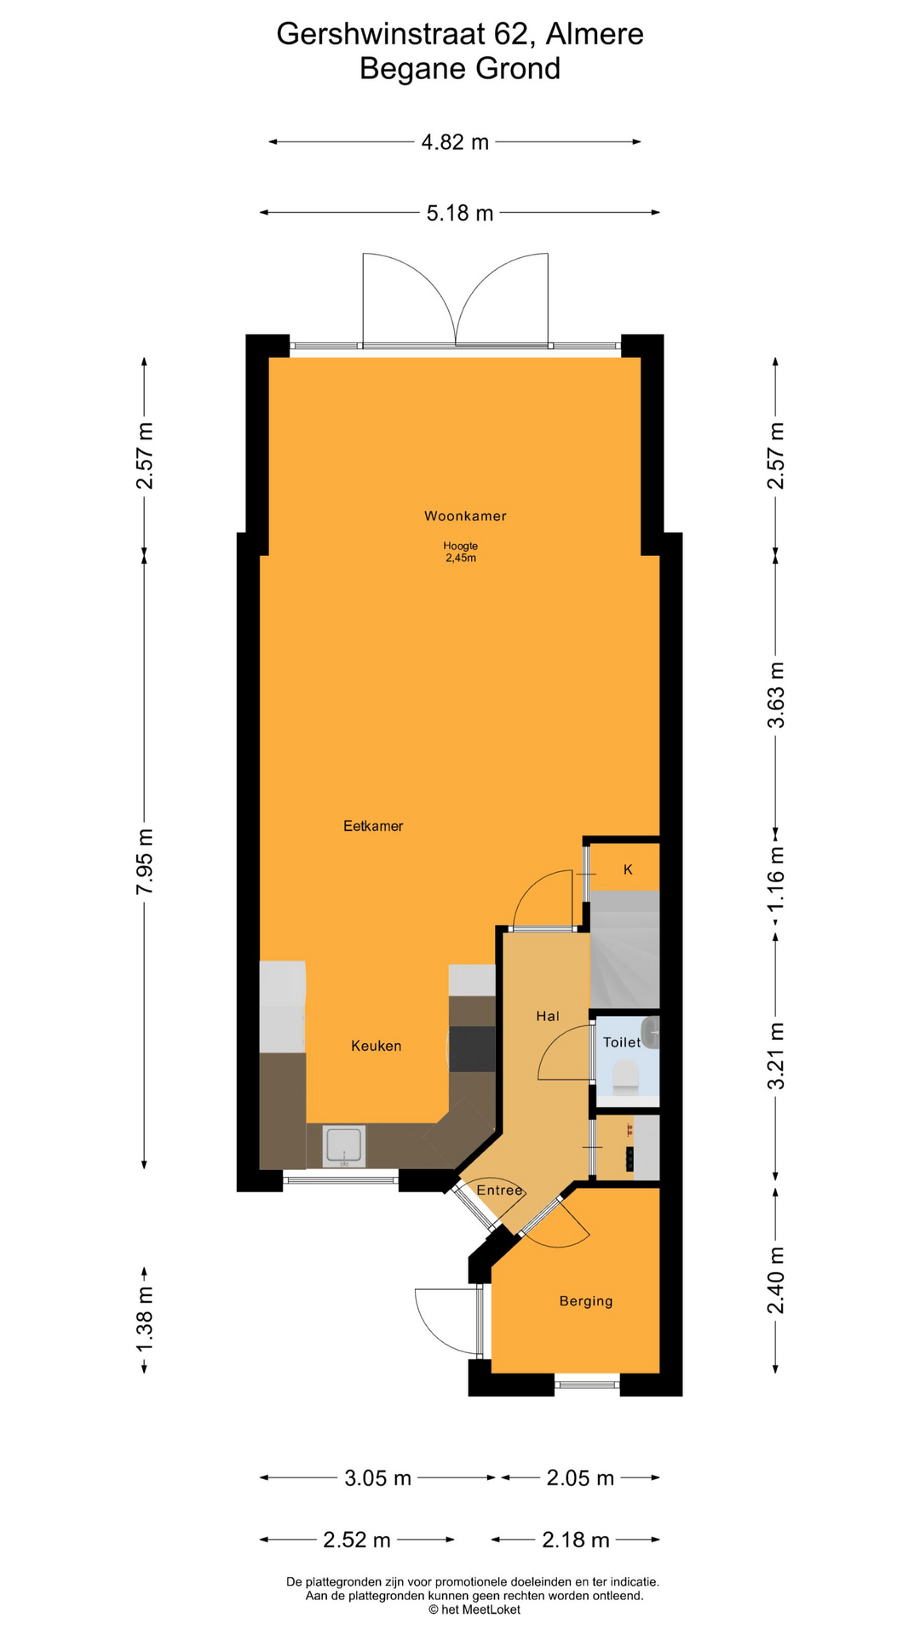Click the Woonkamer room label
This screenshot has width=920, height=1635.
click(x=465, y=516)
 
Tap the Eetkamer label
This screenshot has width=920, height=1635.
click(x=373, y=826)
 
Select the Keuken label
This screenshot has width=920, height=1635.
click(x=376, y=1046)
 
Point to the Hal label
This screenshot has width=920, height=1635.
click(x=548, y=1016)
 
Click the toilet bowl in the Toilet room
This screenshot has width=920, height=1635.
click(x=626, y=1075)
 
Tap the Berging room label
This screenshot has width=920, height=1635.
click(x=586, y=1301)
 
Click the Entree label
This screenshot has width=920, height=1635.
click(x=499, y=1190)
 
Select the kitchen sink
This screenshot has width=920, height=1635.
click(x=344, y=1146)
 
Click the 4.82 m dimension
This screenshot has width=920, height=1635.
click(x=456, y=142)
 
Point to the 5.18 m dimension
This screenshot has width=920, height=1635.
click(x=460, y=213)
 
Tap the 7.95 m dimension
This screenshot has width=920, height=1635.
click(x=145, y=861)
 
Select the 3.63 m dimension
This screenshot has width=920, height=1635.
click(x=775, y=695)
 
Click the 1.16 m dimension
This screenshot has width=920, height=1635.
click(x=775, y=877)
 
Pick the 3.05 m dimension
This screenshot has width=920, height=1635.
click(x=378, y=1478)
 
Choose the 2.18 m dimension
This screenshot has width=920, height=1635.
click(x=576, y=1540)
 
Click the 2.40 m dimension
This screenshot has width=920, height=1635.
click(x=775, y=1281)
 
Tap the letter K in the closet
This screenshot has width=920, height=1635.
click(x=628, y=869)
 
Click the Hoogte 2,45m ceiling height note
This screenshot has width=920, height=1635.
click(x=460, y=552)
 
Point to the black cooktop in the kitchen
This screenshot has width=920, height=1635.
click(x=472, y=1049)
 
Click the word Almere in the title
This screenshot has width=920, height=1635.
click(x=595, y=34)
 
